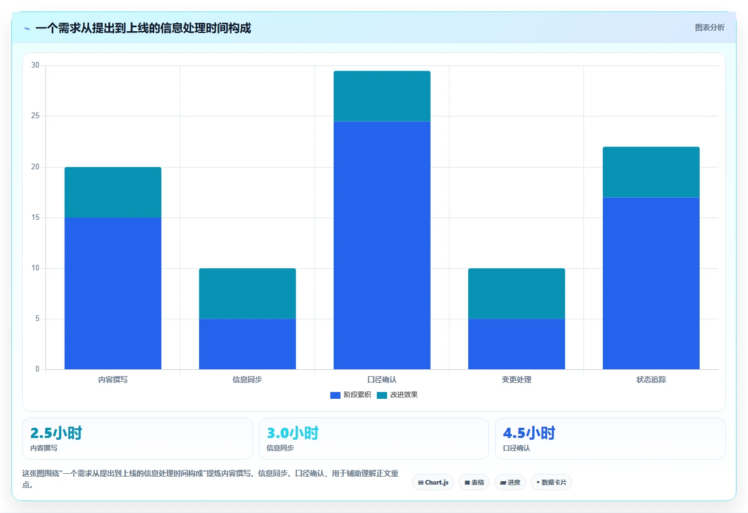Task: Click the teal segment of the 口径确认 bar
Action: coord(382,96)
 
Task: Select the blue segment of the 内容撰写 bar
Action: coord(113,294)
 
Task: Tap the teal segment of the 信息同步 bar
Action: coord(247,294)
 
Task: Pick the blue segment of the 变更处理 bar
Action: coord(516,344)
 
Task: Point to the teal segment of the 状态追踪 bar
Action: coord(651,172)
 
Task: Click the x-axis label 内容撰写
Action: coord(113,379)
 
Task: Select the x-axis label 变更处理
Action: coord(516,379)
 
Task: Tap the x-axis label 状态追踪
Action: coord(651,379)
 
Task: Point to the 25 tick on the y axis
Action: coord(35,116)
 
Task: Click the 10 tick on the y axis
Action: coord(35,268)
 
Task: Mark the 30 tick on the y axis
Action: coord(35,65)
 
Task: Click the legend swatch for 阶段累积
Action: coord(335,395)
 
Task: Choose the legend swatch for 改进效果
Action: coord(382,395)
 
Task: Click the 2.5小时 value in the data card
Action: coord(56,433)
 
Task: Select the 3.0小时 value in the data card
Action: coord(292,433)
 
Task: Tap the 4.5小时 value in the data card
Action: coord(529,433)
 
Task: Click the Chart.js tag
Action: coord(433,482)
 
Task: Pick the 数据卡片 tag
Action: coord(551,482)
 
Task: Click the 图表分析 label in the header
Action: coord(709,27)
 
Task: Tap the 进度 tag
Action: coord(510,482)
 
